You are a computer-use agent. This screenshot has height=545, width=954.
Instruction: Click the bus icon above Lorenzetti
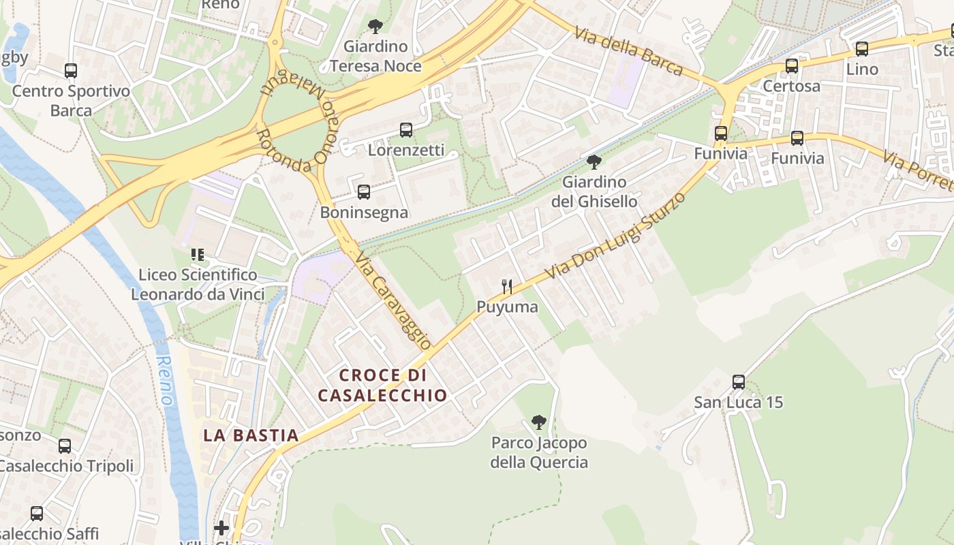pyautogui.click(x=406, y=129)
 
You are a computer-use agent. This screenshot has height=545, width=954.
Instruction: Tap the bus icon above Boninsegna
pyautogui.click(x=364, y=192)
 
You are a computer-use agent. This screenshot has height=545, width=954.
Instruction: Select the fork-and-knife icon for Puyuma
pyautogui.click(x=506, y=287)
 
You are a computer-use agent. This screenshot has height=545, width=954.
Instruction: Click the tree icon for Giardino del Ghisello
pyautogui.click(x=594, y=162)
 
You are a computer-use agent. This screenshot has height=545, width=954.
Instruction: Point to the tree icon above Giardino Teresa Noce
pyautogui.click(x=374, y=27)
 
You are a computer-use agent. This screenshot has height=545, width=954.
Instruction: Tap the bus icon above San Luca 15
pyautogui.click(x=739, y=381)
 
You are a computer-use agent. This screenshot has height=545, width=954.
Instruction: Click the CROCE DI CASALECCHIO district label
pyautogui.click(x=382, y=385)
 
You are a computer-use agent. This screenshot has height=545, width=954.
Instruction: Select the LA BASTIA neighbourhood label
pyautogui.click(x=251, y=435)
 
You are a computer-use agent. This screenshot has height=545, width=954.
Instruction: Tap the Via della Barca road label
pyautogui.click(x=628, y=50)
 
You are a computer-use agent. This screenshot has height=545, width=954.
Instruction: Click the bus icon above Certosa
pyautogui.click(x=791, y=66)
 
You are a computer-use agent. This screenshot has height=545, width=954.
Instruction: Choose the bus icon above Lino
pyautogui.click(x=862, y=49)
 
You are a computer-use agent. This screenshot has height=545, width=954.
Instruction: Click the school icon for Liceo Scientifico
pyautogui.click(x=198, y=255)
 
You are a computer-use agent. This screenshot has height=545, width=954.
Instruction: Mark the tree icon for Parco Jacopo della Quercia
pyautogui.click(x=539, y=422)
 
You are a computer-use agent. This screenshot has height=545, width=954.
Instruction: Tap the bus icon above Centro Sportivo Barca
pyautogui.click(x=71, y=70)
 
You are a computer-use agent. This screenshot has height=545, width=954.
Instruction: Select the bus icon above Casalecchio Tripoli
pyautogui.click(x=65, y=446)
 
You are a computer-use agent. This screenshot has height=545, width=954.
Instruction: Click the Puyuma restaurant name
pyautogui.click(x=507, y=307)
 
